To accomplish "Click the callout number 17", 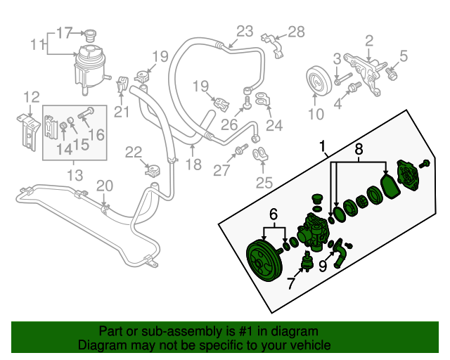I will pos(64,32).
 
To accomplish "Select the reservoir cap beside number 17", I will pos(89,34).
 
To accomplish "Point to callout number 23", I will pos(244,30).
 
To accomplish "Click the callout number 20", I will pos(104,185).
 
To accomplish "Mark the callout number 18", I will pos(193,165).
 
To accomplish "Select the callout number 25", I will pos(264,184).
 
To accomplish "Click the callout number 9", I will pos(323,266).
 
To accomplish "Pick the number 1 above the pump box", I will pos(323,148).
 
